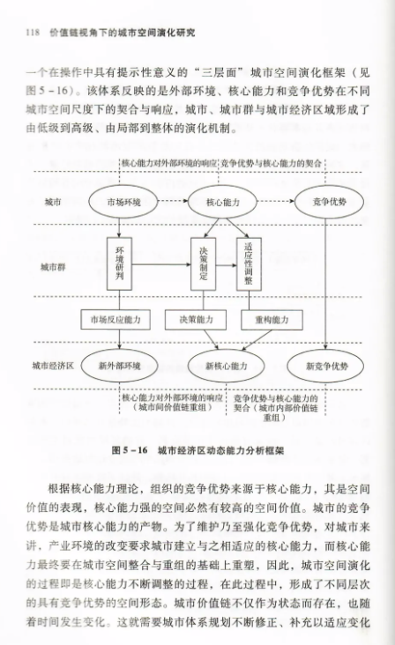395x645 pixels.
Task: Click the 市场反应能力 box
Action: coord(116,320)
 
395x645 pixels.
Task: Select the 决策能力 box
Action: coord(196,320)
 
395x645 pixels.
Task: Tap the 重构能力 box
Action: coord(272,320)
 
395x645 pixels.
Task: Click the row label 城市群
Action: coord(53,267)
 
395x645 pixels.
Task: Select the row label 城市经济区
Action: coord(53,366)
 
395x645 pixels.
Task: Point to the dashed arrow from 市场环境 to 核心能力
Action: coord(173,201)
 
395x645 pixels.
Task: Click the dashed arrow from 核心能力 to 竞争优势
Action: coord(276,201)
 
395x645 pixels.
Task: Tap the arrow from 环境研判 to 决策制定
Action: coord(161,265)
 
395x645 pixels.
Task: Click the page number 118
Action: coord(33,33)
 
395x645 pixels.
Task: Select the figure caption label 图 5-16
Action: coord(130,450)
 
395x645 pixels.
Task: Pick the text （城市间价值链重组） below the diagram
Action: coord(173,407)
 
